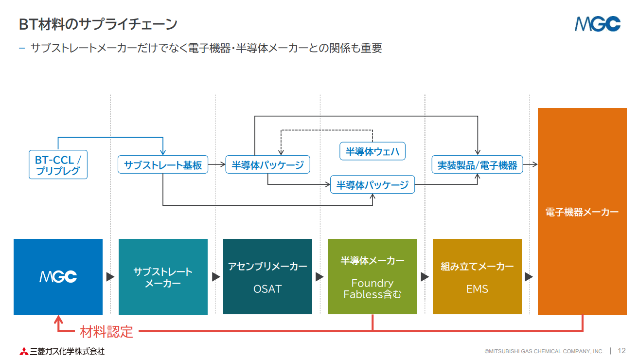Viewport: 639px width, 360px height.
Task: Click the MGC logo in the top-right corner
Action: click(597, 24)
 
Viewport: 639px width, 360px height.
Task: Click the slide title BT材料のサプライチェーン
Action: click(98, 24)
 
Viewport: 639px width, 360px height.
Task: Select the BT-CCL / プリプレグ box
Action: click(58, 165)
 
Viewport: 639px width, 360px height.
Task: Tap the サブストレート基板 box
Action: click(163, 165)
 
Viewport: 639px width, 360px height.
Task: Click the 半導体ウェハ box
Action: click(373, 151)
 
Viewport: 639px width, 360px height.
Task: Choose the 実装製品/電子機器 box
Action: click(477, 165)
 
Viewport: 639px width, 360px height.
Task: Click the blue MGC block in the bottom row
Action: click(58, 277)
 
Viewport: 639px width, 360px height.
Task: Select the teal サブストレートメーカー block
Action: click(163, 277)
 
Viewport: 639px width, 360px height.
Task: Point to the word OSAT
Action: click(267, 289)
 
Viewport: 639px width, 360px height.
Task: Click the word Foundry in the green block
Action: click(373, 283)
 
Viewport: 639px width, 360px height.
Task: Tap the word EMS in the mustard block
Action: click(477, 289)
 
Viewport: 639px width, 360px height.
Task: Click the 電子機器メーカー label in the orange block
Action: click(582, 212)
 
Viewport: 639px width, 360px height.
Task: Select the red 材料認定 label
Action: click(106, 332)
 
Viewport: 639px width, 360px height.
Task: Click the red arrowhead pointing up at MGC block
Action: click(58, 319)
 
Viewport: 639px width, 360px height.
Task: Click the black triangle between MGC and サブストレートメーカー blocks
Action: click(110, 277)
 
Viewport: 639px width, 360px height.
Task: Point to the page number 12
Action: click(621, 351)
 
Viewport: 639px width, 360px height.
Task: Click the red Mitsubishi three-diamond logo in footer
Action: click(24, 351)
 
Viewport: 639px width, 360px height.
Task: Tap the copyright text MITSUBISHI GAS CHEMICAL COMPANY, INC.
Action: click(544, 351)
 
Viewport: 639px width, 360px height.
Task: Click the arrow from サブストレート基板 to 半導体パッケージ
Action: click(217, 164)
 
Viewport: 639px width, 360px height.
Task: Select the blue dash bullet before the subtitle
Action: click(22, 48)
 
